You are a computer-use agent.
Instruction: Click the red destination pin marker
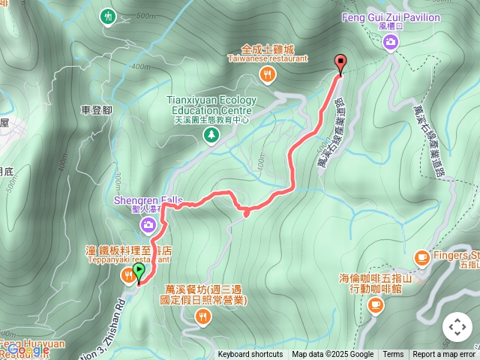tap(340, 64)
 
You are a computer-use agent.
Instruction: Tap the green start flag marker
tap(139, 271)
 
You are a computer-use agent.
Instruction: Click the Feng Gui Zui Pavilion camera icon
tap(390, 42)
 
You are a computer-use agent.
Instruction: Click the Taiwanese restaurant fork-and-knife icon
tap(267, 73)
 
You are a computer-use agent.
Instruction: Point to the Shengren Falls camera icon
tap(148, 224)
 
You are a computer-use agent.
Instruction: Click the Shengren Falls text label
tap(148, 200)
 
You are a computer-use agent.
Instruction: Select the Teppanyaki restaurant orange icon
tap(128, 277)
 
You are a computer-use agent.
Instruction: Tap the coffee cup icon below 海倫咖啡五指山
tap(376, 304)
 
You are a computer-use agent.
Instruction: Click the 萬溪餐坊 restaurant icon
tap(203, 318)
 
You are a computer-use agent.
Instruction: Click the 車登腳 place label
tap(96, 110)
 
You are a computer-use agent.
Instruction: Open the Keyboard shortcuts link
tap(250, 355)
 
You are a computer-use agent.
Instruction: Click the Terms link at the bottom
tap(393, 355)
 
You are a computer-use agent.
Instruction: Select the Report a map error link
tap(444, 355)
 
